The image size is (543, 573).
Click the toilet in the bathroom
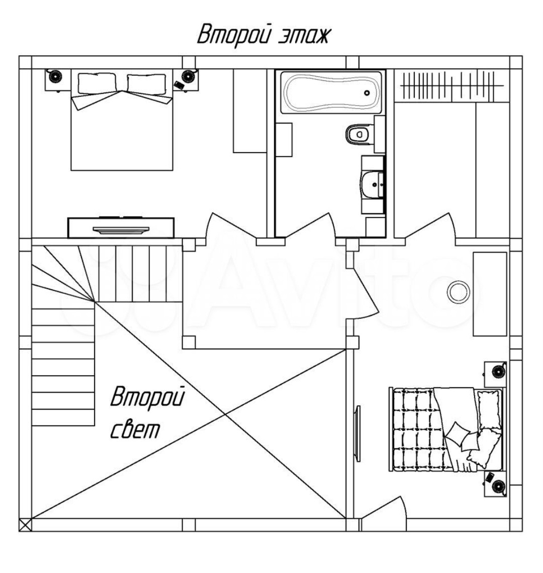(x=358, y=134)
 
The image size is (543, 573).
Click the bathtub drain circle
(x=367, y=93)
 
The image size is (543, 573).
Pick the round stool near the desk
(x=458, y=291)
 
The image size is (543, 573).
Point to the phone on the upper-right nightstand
(x=178, y=84)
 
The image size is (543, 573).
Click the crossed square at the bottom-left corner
(x=25, y=525)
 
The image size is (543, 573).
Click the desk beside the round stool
(x=490, y=294)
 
